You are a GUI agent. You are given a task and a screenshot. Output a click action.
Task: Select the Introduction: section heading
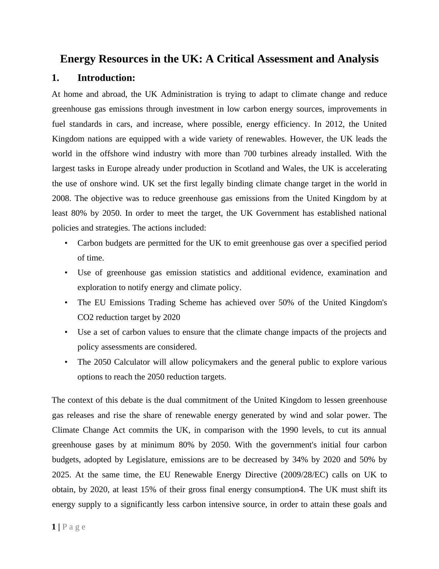(x=106, y=78)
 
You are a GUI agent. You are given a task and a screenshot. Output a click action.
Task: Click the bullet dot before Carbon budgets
(x=66, y=243)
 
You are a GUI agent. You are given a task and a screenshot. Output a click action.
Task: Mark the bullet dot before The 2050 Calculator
(x=66, y=362)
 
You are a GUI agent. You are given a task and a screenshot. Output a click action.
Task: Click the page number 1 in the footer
(x=54, y=527)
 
